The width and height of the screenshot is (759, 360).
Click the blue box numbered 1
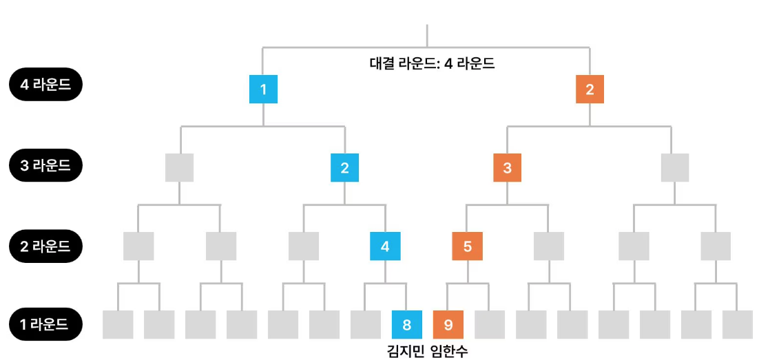(x=263, y=89)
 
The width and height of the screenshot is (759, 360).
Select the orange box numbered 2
(x=590, y=89)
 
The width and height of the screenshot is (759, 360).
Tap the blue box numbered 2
(x=344, y=167)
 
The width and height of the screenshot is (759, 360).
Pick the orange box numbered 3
(x=508, y=167)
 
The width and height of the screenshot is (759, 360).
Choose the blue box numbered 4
(x=385, y=246)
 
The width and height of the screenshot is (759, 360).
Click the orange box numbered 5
(x=467, y=246)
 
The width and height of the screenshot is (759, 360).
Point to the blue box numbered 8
(x=406, y=324)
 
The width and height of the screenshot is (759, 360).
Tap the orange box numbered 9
(x=448, y=324)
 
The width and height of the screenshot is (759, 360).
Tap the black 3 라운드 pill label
(x=45, y=165)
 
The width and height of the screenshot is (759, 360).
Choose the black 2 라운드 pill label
(x=45, y=245)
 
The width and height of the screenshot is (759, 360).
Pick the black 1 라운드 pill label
(x=45, y=324)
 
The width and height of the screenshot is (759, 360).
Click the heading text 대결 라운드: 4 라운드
(x=433, y=64)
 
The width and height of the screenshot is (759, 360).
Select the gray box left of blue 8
(x=366, y=324)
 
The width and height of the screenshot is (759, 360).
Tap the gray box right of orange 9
(x=489, y=324)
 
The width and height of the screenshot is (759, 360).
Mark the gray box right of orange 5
(x=549, y=246)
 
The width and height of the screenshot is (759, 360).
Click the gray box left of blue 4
(x=304, y=246)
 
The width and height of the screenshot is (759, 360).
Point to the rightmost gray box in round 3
(x=674, y=167)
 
